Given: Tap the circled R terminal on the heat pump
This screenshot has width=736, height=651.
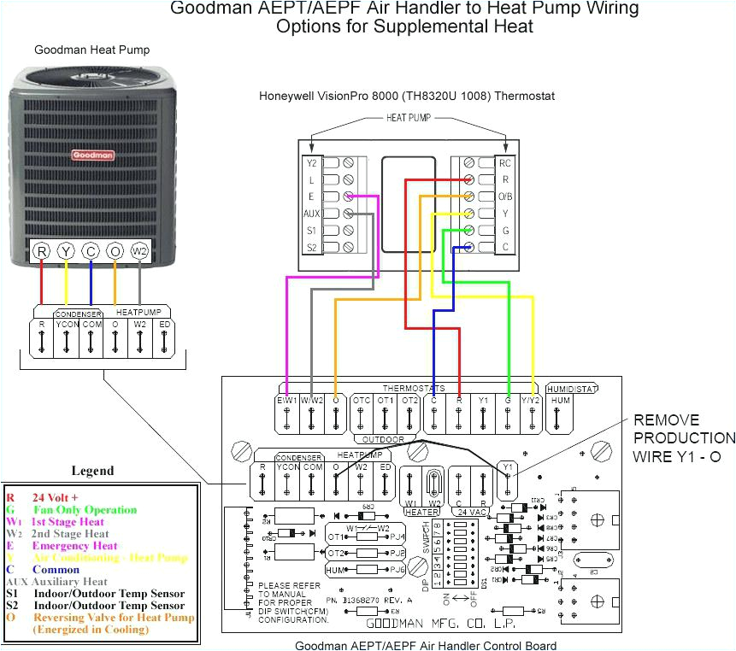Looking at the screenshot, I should pyautogui.click(x=41, y=251).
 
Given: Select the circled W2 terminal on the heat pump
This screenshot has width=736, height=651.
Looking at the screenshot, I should pyautogui.click(x=139, y=251).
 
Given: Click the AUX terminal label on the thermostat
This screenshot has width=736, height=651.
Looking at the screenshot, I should pyautogui.click(x=311, y=214).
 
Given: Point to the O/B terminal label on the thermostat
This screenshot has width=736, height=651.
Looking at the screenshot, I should pyautogui.click(x=505, y=196).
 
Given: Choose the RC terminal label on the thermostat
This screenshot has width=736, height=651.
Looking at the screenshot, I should pyautogui.click(x=505, y=163).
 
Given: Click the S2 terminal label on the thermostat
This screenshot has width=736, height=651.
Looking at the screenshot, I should pyautogui.click(x=311, y=248).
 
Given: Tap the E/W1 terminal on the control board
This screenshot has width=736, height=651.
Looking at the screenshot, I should pyautogui.click(x=287, y=400).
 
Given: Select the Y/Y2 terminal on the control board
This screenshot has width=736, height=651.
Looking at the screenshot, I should pyautogui.click(x=533, y=400).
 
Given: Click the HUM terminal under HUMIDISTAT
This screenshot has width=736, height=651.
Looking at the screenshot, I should pyautogui.click(x=560, y=400).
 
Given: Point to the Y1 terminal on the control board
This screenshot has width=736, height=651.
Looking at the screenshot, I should pyautogui.click(x=507, y=467).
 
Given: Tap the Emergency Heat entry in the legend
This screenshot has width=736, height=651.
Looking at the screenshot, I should pyautogui.click(x=74, y=545).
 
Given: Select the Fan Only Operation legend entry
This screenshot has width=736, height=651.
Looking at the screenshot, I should pyautogui.click(x=85, y=510).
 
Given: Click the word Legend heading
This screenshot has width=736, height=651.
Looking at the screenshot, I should pyautogui.click(x=91, y=471).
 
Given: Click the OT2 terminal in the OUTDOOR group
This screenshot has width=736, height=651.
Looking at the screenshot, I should pyautogui.click(x=410, y=400).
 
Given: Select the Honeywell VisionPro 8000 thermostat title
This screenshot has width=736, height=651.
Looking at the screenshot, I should pyautogui.click(x=406, y=96).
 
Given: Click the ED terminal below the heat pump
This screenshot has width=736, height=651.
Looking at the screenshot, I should pyautogui.click(x=164, y=325).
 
